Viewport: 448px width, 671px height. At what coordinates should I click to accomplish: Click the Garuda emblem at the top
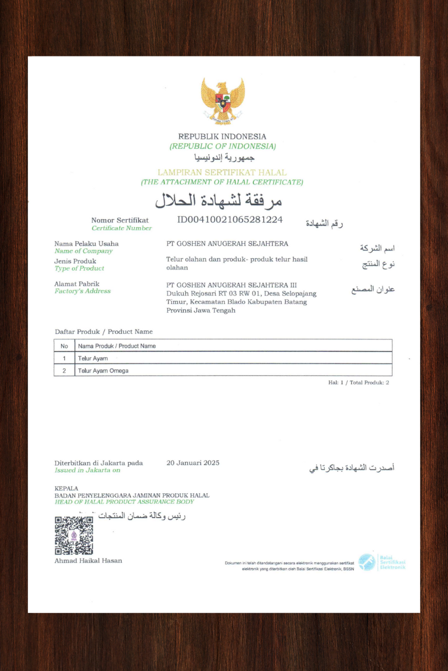click(223, 101)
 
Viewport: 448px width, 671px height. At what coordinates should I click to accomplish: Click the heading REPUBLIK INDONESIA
click(222, 136)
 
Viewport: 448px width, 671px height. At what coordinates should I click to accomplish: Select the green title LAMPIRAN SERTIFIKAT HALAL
click(222, 173)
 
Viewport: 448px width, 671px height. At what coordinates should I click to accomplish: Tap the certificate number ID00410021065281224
click(230, 219)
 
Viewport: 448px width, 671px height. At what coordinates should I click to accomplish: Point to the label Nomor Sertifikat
click(120, 220)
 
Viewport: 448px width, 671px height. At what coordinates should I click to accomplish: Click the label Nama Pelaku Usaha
click(86, 244)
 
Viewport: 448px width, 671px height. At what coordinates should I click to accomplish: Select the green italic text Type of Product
click(79, 268)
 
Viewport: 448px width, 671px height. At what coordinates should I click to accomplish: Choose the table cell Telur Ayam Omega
click(103, 370)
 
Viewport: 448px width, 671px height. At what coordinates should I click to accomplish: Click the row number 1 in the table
click(64, 358)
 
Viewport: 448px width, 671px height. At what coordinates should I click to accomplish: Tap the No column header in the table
click(64, 346)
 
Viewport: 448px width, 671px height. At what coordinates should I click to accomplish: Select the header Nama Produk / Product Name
click(116, 346)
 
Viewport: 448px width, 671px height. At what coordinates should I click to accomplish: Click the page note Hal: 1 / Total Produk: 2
click(358, 382)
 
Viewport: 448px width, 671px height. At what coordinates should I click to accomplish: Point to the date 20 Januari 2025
click(193, 462)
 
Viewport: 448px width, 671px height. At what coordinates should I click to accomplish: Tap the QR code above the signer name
click(74, 536)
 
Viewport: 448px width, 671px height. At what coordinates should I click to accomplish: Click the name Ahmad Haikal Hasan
click(88, 560)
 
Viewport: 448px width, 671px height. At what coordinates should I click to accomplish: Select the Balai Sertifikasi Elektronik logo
click(381, 562)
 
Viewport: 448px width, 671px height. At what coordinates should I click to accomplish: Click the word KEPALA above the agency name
click(66, 488)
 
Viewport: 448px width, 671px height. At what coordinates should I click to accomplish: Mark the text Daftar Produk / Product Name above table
click(104, 332)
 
